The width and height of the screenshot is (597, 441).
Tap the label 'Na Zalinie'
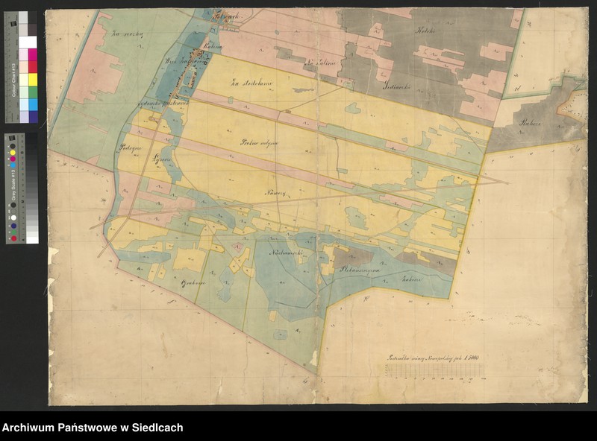tap(322, 66)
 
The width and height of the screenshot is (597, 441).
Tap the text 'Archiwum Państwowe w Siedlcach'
tap(93, 428)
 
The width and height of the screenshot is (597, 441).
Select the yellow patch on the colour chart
tap(32, 79)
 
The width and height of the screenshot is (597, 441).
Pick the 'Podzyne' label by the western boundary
tap(129, 148)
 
